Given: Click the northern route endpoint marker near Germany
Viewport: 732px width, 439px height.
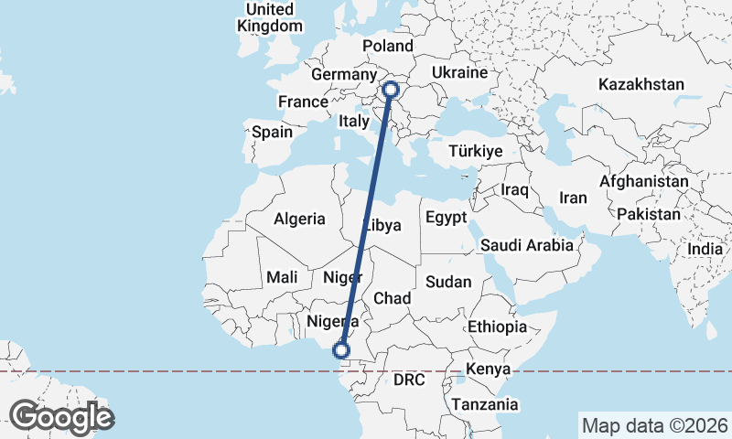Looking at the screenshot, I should click(391, 90).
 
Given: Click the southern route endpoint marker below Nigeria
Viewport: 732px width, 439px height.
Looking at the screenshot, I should click(341, 350).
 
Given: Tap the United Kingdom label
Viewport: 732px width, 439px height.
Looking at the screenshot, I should click(269, 17).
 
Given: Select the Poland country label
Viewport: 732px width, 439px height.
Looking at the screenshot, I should click(388, 46).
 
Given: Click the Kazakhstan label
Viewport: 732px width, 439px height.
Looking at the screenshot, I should click(641, 85).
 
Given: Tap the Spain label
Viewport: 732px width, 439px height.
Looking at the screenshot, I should click(272, 132).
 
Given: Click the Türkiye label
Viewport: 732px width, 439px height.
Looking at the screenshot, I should click(476, 151).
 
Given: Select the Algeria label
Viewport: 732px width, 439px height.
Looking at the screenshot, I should click(299, 219).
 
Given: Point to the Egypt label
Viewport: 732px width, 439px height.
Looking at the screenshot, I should click(446, 219).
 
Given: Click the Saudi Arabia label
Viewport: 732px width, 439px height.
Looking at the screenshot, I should click(527, 245).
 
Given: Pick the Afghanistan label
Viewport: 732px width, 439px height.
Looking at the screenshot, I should click(643, 182).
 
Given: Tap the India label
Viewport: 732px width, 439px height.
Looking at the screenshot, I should click(705, 249).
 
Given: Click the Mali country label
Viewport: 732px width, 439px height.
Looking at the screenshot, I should click(282, 277).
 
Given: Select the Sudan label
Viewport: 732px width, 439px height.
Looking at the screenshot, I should click(448, 282).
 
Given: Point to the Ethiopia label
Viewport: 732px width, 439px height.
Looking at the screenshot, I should click(497, 327).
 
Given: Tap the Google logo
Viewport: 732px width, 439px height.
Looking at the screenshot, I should click(61, 417).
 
